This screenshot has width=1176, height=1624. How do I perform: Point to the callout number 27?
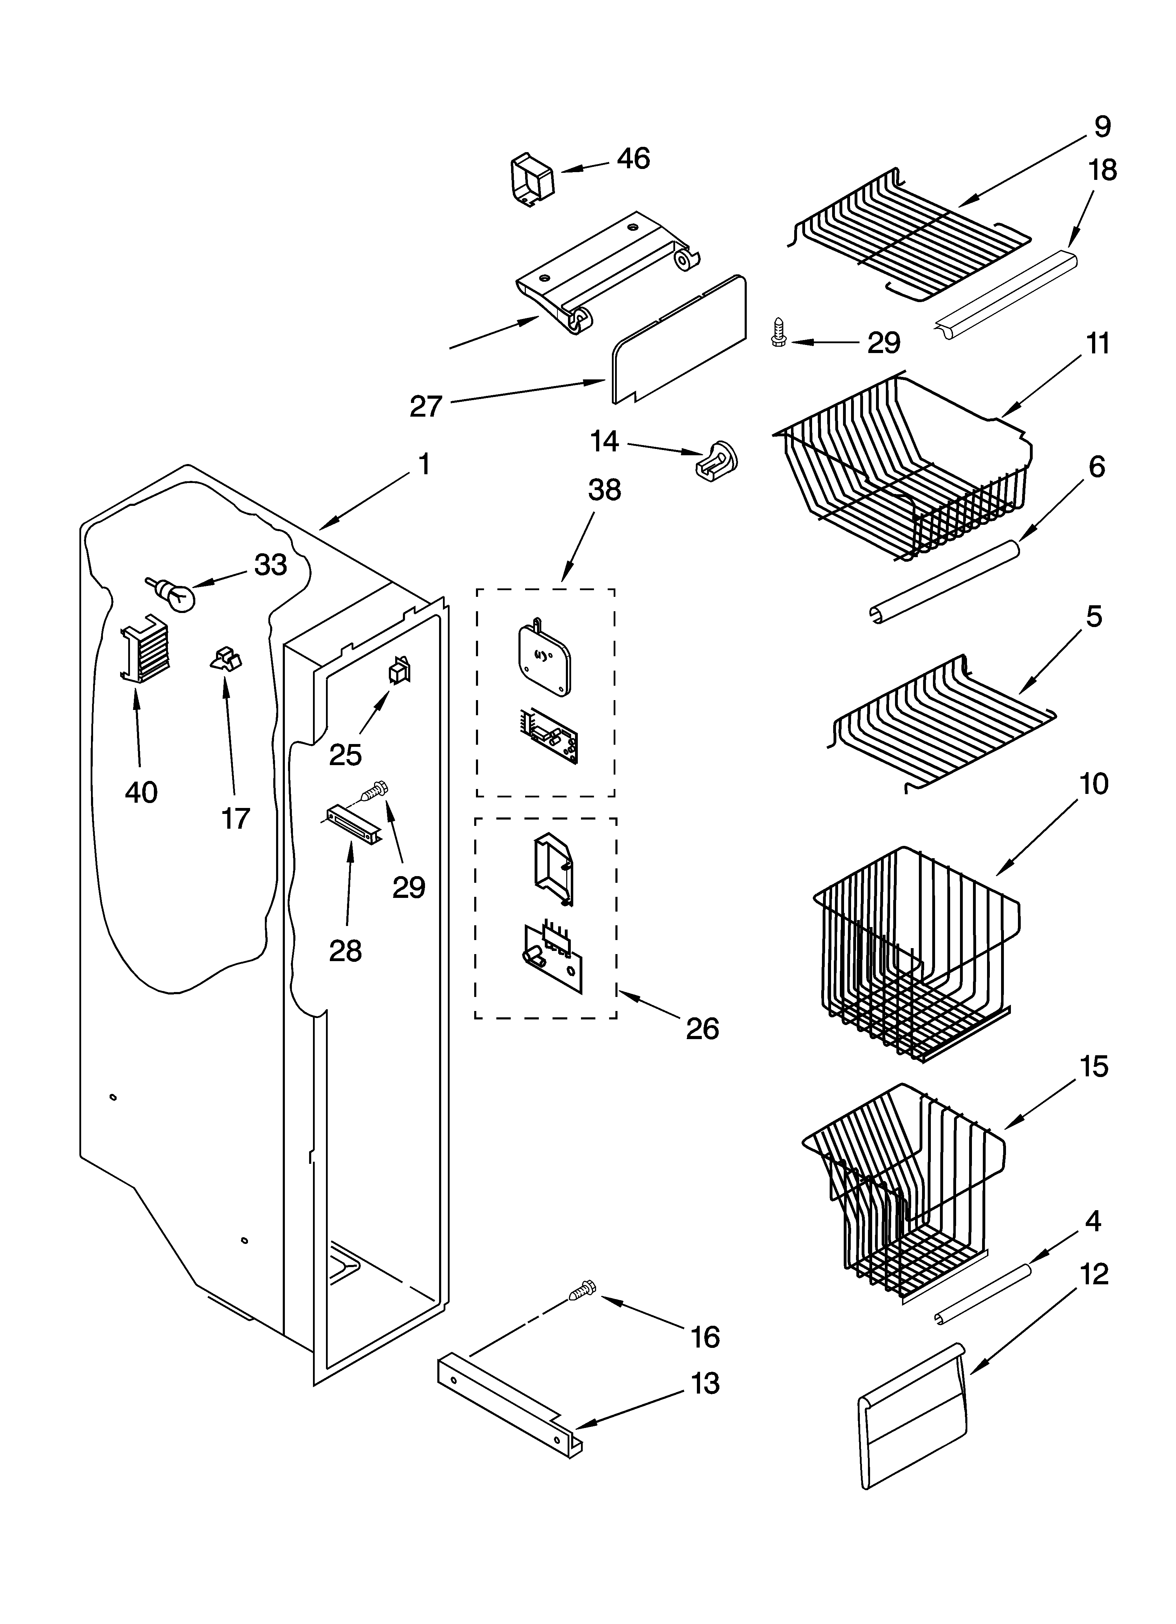426,407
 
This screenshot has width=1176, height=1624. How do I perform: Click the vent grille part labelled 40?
145,647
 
